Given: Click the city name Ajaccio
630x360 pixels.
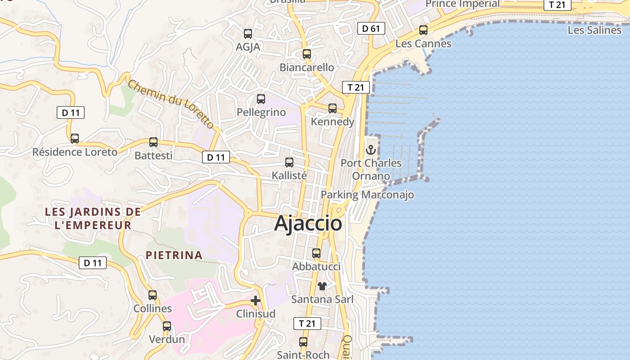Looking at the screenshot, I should (308, 223).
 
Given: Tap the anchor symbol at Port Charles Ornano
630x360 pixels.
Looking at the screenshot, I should (371, 149).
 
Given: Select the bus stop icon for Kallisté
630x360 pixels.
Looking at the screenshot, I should (289, 162).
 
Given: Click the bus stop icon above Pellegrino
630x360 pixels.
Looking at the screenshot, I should (261, 99).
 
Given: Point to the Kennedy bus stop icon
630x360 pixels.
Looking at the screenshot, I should (332, 108).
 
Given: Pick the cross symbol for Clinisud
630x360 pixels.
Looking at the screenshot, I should (256, 301).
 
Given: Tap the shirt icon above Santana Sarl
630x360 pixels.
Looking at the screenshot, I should (322, 286).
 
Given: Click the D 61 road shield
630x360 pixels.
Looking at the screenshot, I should (371, 29).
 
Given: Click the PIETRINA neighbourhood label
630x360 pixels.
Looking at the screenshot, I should (174, 255).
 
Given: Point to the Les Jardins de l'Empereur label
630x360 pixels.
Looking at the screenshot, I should (93, 218).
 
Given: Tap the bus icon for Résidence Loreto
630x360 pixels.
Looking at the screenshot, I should (75, 139).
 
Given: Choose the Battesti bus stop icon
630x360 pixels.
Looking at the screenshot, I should (153, 142).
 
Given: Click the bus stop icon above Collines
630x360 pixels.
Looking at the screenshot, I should (153, 295).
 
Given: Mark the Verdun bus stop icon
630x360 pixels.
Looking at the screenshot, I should (167, 326).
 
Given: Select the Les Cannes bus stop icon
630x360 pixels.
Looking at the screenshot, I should (423, 30).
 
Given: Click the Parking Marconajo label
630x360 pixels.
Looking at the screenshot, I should (367, 195).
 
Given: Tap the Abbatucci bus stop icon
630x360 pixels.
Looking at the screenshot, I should (316, 253).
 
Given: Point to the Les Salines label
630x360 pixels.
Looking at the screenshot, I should (594, 30).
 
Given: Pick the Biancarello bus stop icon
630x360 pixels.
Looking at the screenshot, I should (307, 54).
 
